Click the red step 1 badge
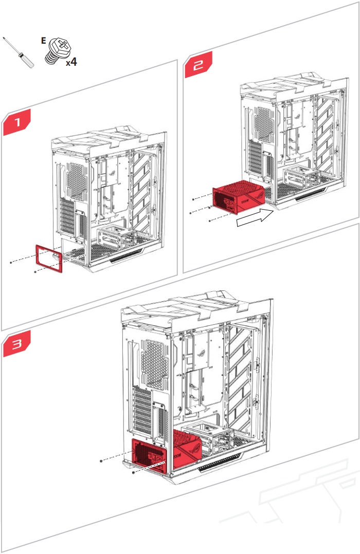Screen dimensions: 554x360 click(17, 123)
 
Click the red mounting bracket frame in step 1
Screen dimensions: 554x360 click(49, 258)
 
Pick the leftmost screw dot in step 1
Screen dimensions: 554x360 click(11, 262)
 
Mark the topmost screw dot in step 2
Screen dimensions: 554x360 click(193, 198)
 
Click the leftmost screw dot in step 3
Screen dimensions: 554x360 click(102, 461)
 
